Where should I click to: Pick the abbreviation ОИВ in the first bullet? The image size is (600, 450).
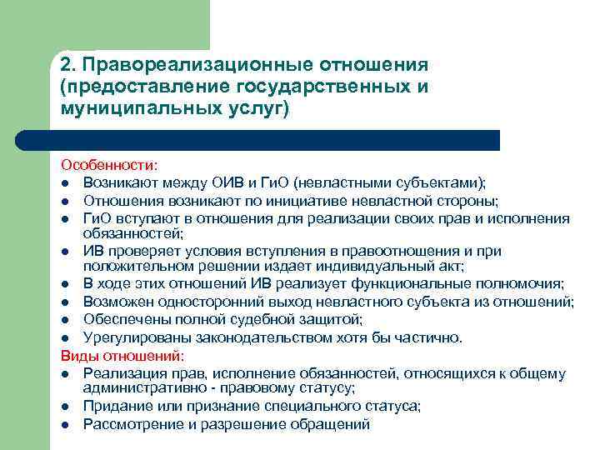[x=247, y=183]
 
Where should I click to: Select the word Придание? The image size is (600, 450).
[x=116, y=406]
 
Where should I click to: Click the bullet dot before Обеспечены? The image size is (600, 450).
[x=64, y=320]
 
